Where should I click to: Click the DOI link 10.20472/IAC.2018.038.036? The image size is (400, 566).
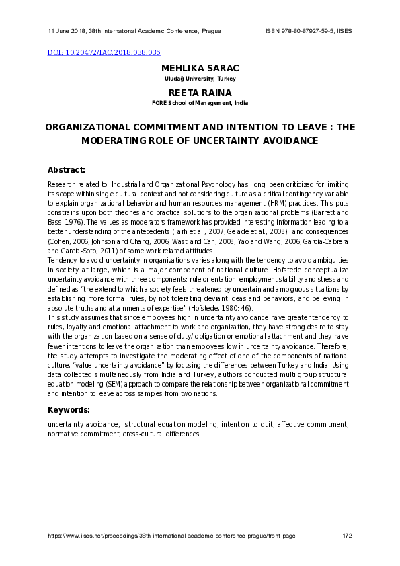coord(104,52)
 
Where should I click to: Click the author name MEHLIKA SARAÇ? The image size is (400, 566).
coord(200,69)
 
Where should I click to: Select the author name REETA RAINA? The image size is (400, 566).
coord(200,93)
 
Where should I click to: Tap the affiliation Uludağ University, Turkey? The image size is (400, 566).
coord(200,79)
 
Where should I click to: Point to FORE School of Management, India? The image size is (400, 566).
coord(200,103)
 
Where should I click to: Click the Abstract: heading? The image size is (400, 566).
coord(67,169)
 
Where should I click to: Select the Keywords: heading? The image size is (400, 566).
coord(69,410)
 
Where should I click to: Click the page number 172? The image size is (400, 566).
coord(347,536)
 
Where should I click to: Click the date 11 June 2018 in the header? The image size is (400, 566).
coord(67,31)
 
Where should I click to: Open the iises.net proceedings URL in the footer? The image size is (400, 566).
coord(171,536)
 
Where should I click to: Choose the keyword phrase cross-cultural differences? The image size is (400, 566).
coord(161,434)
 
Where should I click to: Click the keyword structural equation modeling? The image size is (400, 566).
coord(171,424)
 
